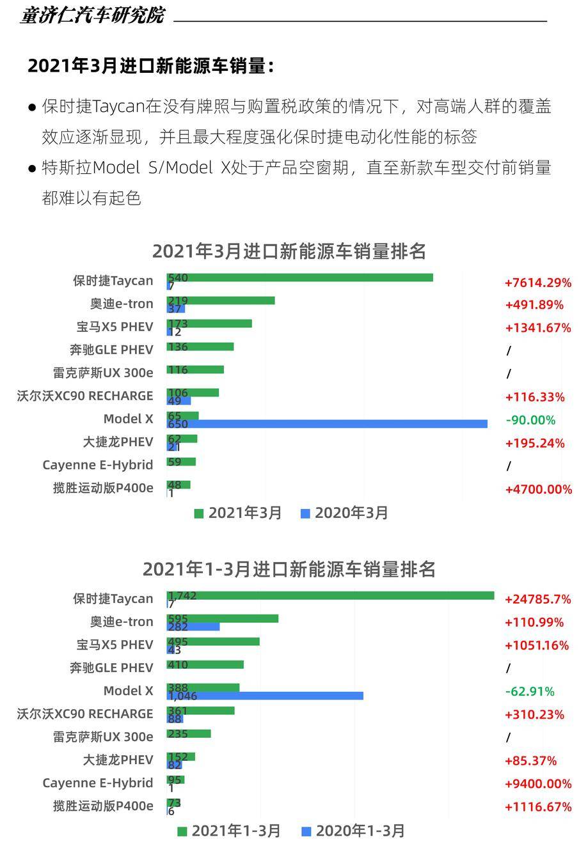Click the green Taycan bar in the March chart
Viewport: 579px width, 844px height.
point(299,277)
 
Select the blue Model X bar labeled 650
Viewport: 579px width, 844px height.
point(326,424)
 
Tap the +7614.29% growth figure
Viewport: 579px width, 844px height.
point(537,283)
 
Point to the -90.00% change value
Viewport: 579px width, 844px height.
point(530,420)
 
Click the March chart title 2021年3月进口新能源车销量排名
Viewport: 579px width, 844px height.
point(289,251)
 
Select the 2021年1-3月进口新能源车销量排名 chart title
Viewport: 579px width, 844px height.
point(289,569)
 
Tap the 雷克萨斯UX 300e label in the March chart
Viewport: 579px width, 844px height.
point(103,373)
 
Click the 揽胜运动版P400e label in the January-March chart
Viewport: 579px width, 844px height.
point(103,806)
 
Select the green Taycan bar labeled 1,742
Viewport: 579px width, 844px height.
point(330,595)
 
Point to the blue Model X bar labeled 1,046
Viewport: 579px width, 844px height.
point(265,696)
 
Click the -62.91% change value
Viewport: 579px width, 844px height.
point(530,691)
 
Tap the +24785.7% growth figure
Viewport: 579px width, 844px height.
point(537,599)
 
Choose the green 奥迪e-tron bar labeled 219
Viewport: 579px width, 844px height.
point(221,301)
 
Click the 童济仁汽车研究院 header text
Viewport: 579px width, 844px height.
point(92,15)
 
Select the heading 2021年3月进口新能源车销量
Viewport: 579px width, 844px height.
point(151,66)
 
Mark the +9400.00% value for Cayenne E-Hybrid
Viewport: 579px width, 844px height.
point(537,783)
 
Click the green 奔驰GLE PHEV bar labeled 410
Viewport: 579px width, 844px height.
point(205,664)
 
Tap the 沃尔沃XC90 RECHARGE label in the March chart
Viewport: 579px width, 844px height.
point(85,396)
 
